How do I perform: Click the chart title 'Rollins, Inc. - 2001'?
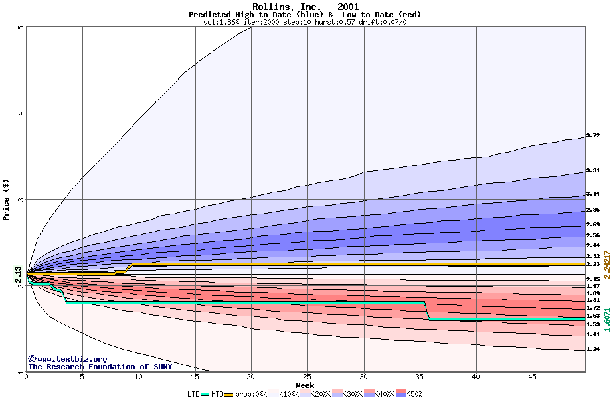click(x=305, y=7)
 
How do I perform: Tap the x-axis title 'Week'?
click(x=305, y=385)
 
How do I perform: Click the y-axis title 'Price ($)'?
click(x=6, y=199)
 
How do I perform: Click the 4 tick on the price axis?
click(x=21, y=113)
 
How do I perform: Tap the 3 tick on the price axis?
click(x=21, y=200)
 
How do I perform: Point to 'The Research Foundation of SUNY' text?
click(x=100, y=367)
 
